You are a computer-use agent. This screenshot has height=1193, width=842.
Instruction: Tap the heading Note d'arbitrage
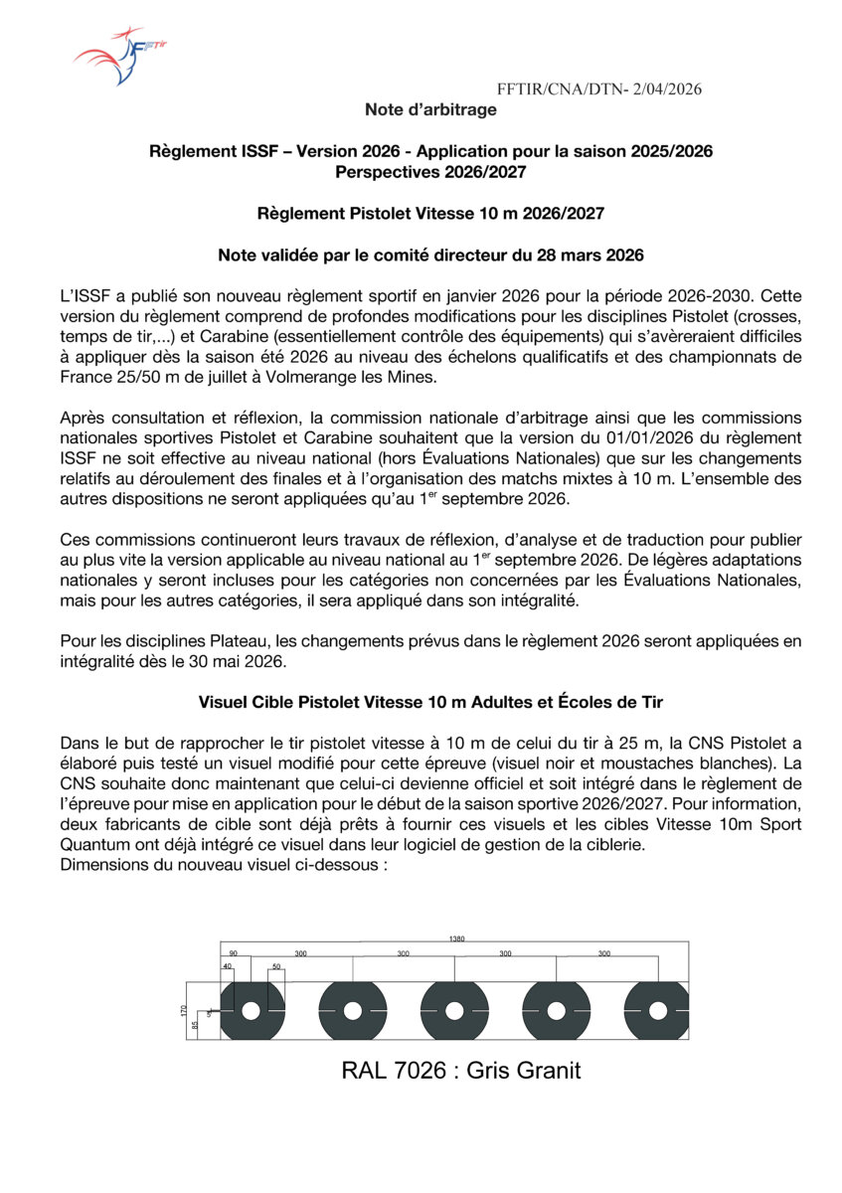coord(430,109)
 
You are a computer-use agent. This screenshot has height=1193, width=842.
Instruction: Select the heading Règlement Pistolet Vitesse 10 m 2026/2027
coord(430,213)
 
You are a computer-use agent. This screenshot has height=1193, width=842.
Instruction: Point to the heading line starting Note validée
coord(430,256)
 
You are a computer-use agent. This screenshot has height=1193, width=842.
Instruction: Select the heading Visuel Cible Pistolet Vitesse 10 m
coord(430,702)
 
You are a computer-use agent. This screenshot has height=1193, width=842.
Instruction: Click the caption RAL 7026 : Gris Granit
coord(460,1071)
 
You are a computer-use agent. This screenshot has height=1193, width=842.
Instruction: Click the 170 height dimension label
coord(184,1010)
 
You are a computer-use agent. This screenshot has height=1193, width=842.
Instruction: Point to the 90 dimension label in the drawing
coord(233,953)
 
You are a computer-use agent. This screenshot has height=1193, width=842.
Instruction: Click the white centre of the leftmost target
coord(251,1010)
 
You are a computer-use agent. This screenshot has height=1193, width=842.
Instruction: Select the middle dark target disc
coord(453,1010)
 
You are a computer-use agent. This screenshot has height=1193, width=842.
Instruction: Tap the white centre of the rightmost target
coord(656,1010)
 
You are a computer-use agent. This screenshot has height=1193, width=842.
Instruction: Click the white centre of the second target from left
coord(352,1010)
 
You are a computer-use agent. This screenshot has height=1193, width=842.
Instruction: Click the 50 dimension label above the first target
coord(276,967)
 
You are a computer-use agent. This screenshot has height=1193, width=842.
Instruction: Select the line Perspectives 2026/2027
coord(430,171)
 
